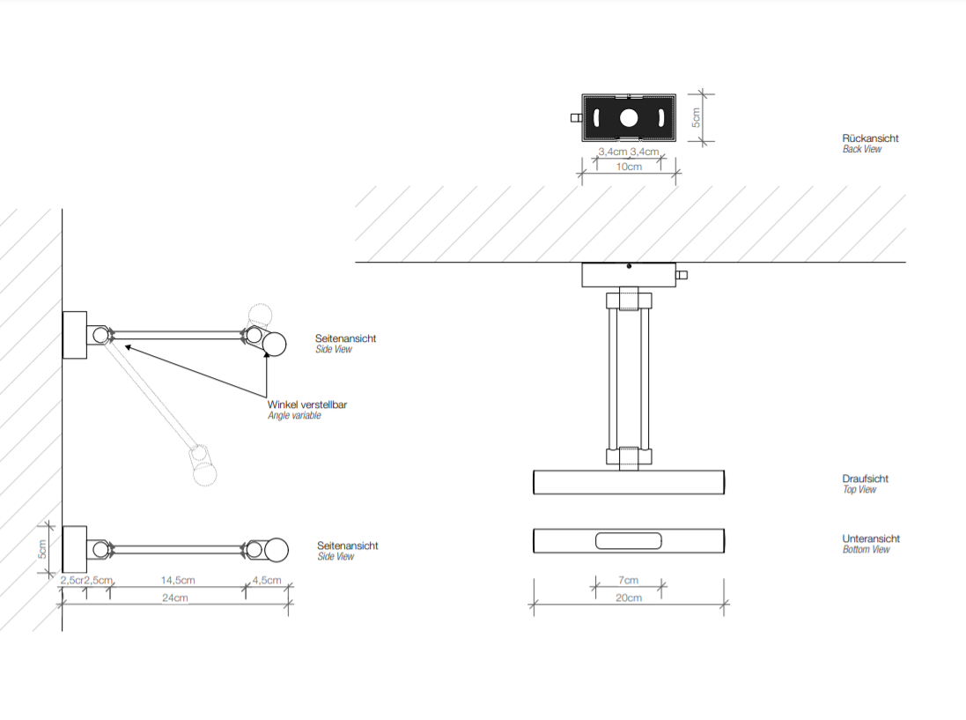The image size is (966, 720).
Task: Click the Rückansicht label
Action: click(870, 138)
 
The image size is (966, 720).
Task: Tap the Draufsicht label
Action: click(865, 479)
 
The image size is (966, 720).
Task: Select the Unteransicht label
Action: click(871, 538)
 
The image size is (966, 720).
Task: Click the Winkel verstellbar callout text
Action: click(307, 405)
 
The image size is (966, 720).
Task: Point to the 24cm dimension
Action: click(174, 598)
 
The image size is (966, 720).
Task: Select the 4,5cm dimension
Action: click(267, 580)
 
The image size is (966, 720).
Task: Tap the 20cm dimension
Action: click(629, 598)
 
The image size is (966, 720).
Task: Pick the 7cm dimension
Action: click(629, 580)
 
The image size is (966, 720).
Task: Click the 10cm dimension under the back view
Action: click(629, 167)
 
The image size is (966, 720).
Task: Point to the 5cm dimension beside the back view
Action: click(695, 117)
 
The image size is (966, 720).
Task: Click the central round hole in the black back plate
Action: click(629, 118)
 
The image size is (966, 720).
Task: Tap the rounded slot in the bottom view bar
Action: click(629, 541)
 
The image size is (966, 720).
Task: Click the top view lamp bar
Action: click(629, 482)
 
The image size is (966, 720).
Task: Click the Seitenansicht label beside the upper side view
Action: click(345, 338)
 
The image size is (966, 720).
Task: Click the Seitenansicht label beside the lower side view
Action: click(347, 546)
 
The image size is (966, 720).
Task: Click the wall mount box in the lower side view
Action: click(74, 549)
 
